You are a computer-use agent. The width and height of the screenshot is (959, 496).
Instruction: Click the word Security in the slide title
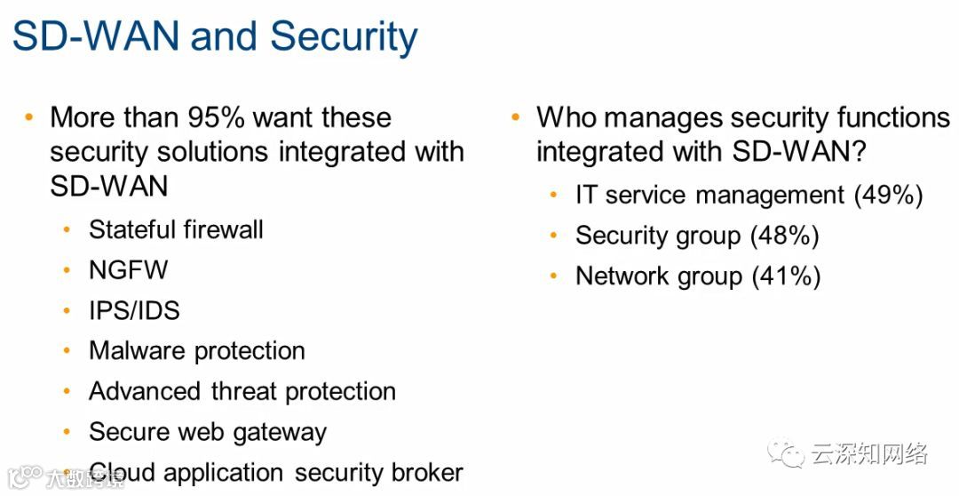click(x=344, y=36)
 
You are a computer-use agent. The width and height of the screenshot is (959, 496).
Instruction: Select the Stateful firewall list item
click(x=176, y=229)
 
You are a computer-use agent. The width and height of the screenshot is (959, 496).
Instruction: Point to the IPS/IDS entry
click(x=134, y=310)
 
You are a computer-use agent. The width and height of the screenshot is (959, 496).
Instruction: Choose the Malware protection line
click(x=196, y=350)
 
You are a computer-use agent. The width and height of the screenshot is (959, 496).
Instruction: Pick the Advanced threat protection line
click(x=242, y=391)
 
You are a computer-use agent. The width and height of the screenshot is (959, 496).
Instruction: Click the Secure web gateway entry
click(x=208, y=432)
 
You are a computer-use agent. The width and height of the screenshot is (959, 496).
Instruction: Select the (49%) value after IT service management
click(x=888, y=195)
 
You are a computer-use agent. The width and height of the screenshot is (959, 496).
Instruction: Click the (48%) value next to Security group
click(x=784, y=236)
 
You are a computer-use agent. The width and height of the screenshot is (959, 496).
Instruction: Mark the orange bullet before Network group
click(x=554, y=276)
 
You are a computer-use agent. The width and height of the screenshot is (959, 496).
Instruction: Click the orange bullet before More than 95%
click(x=29, y=117)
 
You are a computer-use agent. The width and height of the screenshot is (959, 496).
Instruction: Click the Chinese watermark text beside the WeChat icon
click(x=868, y=455)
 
